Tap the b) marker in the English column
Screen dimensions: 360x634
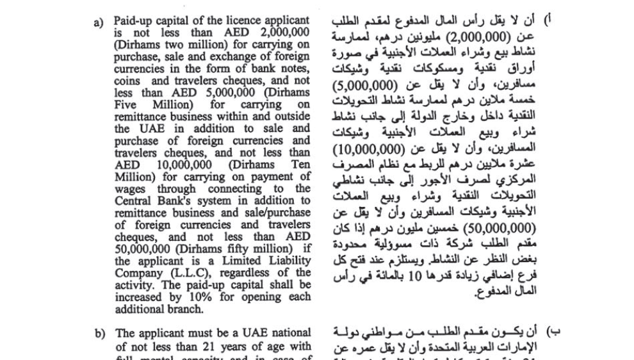click(x=99, y=333)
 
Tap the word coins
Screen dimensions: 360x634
click(x=127, y=81)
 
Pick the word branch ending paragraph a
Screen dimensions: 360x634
click(x=184, y=309)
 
